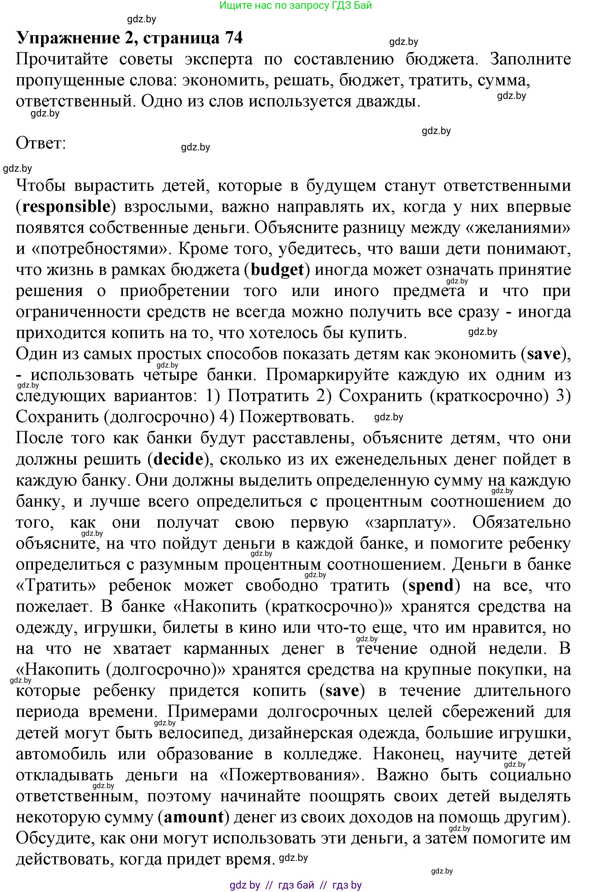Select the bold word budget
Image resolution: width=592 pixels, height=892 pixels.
(277, 270)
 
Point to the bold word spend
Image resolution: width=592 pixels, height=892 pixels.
(431, 585)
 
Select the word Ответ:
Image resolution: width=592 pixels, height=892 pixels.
(41, 143)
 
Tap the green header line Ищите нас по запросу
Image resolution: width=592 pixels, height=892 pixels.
(295, 5)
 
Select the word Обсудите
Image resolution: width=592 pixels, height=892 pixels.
(54, 838)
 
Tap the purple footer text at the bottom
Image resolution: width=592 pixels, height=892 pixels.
(295, 885)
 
